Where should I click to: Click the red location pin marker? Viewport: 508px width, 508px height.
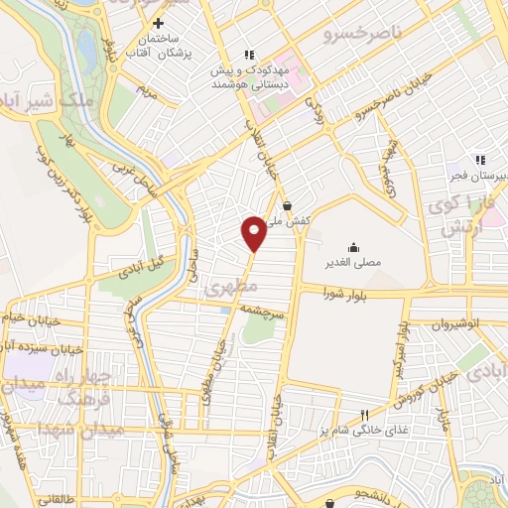[x=254, y=232]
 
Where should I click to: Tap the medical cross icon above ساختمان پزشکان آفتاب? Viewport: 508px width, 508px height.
[x=158, y=23]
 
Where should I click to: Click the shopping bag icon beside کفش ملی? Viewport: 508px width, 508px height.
[x=288, y=206]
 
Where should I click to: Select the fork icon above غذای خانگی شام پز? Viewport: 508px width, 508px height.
[x=365, y=415]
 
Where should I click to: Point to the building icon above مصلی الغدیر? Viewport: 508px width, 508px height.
[x=353, y=247]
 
